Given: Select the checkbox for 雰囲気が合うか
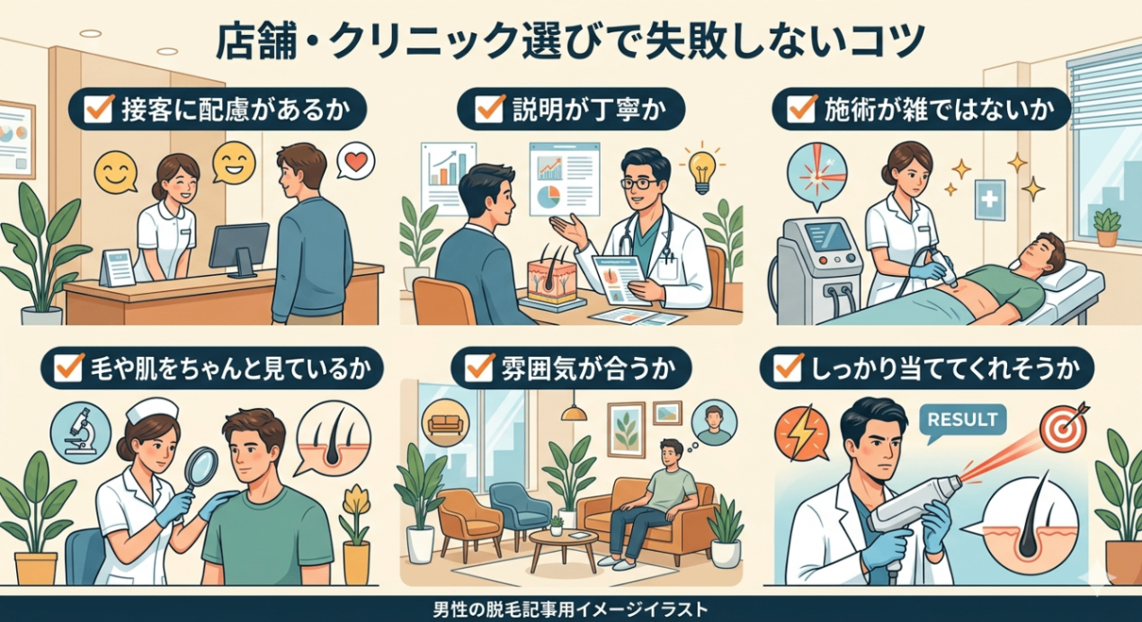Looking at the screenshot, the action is [x=479, y=367].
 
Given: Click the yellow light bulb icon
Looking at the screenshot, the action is [x=701, y=172].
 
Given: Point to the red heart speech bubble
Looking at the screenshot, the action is [x=355, y=162].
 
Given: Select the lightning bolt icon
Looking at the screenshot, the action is [x=801, y=432].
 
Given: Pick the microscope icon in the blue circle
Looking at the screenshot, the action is [x=81, y=431].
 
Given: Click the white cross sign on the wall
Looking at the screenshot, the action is [x=989, y=200].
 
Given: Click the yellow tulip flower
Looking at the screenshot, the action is [x=356, y=501].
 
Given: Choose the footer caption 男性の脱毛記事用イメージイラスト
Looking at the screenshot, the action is [x=570, y=609].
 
